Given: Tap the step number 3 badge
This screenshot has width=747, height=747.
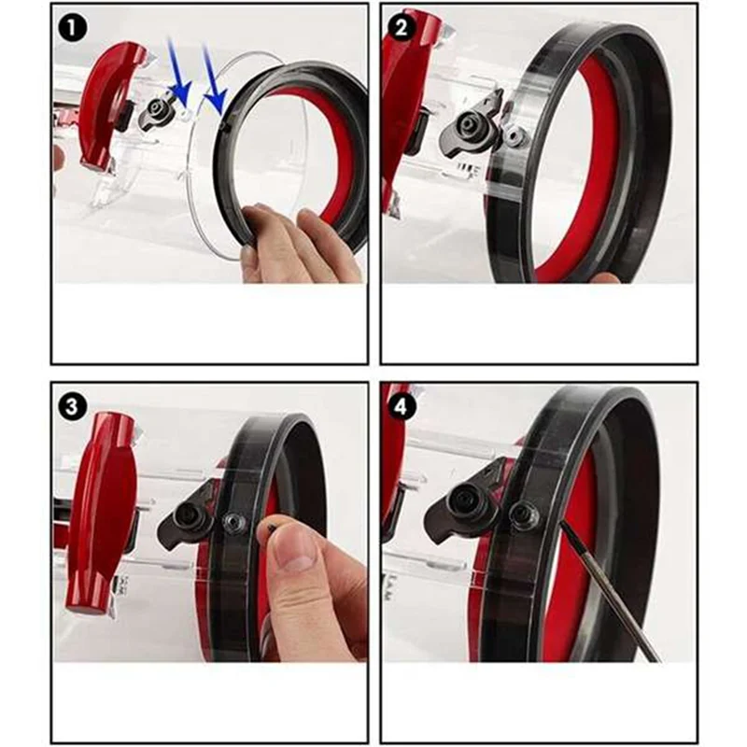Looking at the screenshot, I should (x=73, y=405).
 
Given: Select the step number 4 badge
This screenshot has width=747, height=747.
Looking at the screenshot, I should (x=402, y=405).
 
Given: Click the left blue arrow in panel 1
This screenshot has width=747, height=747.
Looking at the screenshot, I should (x=178, y=79).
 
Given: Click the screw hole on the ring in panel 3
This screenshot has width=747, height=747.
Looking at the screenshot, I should (x=234, y=523).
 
